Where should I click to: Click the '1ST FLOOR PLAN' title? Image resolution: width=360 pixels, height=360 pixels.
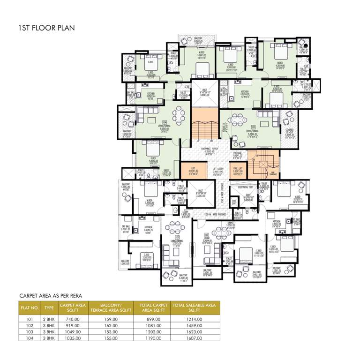click(x=45, y=29)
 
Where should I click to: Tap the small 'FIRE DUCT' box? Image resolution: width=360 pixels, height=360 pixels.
click(x=234, y=203)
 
